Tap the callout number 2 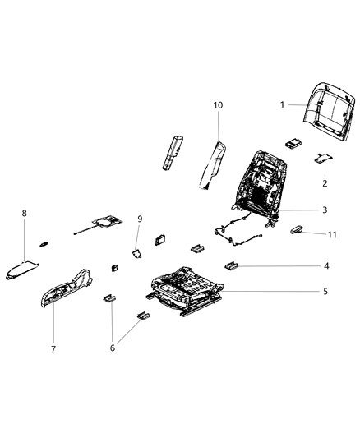point(324,183)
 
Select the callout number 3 point(325,210)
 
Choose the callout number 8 point(25,214)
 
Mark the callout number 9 point(140,219)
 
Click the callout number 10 point(219,106)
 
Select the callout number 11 point(331,235)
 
